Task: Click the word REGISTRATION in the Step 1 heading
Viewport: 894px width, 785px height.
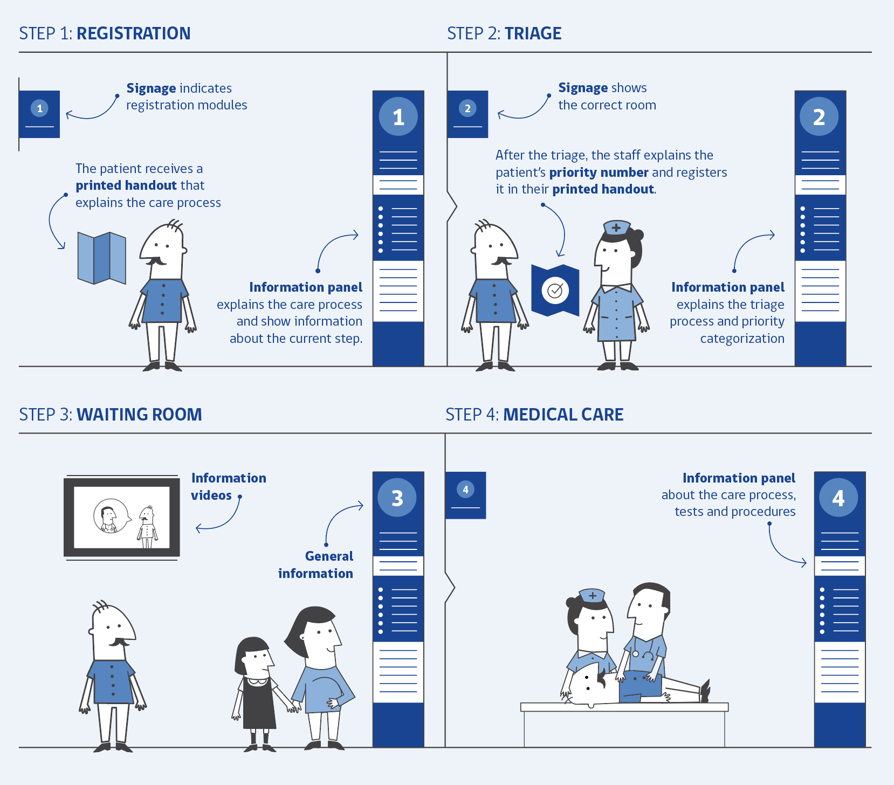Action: coord(133,33)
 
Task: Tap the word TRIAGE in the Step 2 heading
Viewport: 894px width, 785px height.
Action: coord(533,33)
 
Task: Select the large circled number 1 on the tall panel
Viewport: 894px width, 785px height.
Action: coord(398,116)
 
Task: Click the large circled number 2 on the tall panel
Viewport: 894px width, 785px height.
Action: coord(819,116)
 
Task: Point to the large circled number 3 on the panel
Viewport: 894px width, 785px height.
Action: coord(397,498)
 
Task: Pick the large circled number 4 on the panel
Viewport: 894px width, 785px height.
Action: coord(838,498)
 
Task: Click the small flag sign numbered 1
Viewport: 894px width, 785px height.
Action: coord(39,114)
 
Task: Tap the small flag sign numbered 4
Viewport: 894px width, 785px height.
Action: coord(465,495)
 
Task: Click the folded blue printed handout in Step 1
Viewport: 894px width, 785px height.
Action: coord(101,258)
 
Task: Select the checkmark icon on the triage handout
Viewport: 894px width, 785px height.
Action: coord(555,291)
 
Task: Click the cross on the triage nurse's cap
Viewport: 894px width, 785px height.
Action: coord(616,228)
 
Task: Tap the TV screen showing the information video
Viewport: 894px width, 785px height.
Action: coord(121,518)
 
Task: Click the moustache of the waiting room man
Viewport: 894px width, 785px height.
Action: coord(119,642)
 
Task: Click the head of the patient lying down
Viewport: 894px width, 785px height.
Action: coord(588,685)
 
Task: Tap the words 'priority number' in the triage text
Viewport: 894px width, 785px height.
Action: coord(599,173)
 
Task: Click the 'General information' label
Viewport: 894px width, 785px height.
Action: coord(316,564)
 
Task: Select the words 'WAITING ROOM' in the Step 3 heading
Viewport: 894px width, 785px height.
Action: coord(139,415)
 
